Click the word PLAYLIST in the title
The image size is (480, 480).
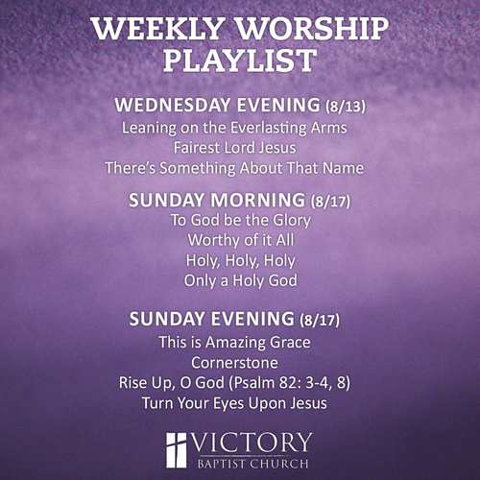coord(240,60)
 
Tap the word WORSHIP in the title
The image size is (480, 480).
coord(312,28)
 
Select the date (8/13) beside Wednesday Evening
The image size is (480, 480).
coord(346,106)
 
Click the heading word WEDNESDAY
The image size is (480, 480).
coord(173,105)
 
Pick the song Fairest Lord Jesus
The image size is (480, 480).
coord(234,148)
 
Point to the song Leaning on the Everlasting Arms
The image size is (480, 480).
coord(234,128)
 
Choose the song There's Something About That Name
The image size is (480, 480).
coord(234,168)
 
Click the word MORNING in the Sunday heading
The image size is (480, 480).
coord(257,200)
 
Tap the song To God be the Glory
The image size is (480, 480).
coord(241,221)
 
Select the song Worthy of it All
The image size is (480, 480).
coord(241,240)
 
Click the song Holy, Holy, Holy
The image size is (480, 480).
coord(241,261)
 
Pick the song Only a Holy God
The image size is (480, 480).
coord(241,280)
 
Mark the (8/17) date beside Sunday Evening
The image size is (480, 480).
coord(320,320)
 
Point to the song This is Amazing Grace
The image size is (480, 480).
coord(234,342)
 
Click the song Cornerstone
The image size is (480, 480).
coord(234,363)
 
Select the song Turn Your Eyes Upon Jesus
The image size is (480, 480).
coord(234,403)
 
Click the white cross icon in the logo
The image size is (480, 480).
coord(176,450)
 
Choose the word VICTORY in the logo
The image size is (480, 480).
coord(252,443)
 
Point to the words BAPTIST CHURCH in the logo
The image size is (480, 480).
coord(252,464)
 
